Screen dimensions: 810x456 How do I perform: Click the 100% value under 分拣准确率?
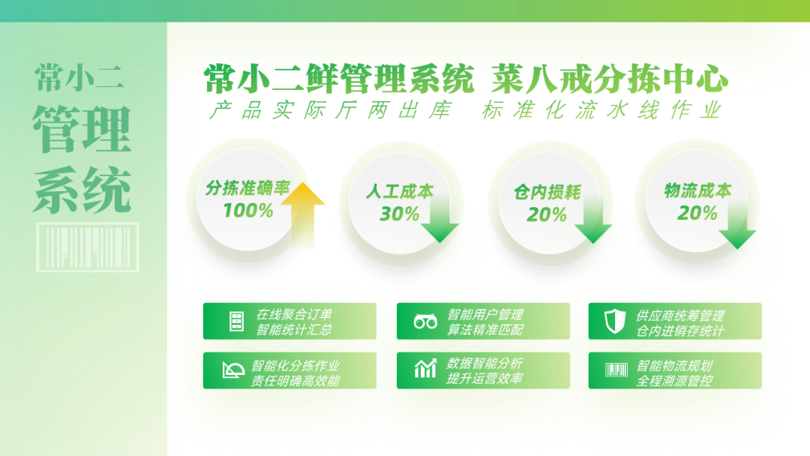[x=248, y=211]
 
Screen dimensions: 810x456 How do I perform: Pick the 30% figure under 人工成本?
[x=399, y=214]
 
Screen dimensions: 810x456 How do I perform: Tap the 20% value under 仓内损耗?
[x=547, y=214]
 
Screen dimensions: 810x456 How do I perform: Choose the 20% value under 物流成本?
[x=697, y=213]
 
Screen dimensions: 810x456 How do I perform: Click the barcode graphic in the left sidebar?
[x=87, y=247]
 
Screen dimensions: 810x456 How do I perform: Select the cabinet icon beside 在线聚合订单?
[x=236, y=321]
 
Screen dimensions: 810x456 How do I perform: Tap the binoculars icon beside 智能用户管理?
[x=426, y=322]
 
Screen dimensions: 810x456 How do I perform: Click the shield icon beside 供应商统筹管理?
[x=615, y=321]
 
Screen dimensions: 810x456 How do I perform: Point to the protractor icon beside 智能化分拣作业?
[x=233, y=370]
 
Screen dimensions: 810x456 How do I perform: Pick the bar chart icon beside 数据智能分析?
[x=425, y=369]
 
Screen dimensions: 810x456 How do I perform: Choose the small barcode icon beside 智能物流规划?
[x=616, y=370]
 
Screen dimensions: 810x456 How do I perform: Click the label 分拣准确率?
[x=248, y=188]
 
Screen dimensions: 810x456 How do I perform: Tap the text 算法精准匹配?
[x=485, y=329]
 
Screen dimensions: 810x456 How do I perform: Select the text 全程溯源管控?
[x=675, y=381]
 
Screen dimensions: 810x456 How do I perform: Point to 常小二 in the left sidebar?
[x=79, y=78]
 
